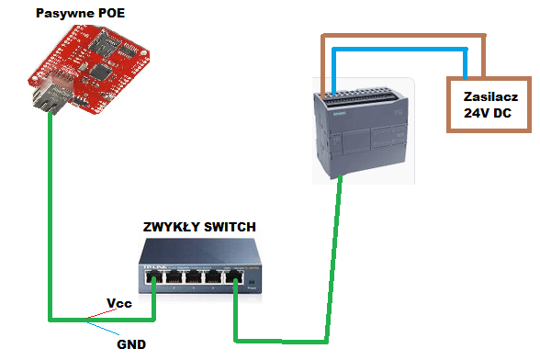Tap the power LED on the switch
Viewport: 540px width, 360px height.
tap(252, 285)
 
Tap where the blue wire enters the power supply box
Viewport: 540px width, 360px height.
tap(467, 78)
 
